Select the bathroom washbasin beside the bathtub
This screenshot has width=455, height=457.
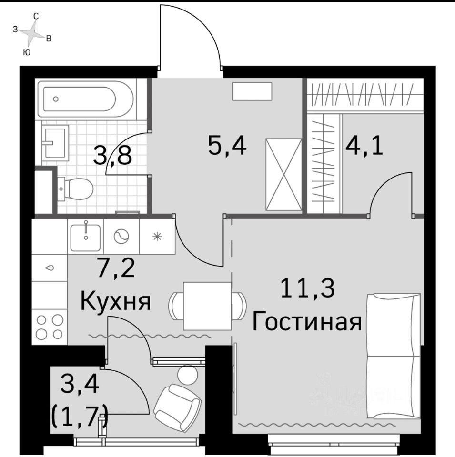tap(55, 142)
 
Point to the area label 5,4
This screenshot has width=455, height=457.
tap(227, 145)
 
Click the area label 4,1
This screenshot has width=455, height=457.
tap(364, 145)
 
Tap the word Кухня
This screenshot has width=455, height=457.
tap(115, 301)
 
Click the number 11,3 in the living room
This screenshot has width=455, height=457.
tap(308, 288)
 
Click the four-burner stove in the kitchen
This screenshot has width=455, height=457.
tap(50, 326)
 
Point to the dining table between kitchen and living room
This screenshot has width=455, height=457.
tap(208, 306)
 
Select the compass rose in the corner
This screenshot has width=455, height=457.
tap(32, 34)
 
